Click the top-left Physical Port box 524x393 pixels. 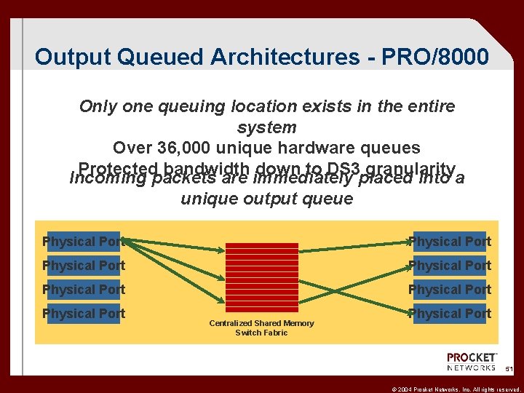tap(83, 241)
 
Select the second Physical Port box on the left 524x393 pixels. tap(83, 265)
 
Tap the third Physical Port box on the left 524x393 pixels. tap(83, 289)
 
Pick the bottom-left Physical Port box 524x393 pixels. tap(83, 313)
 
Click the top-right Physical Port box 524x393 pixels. tap(450, 241)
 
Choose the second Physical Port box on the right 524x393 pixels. tap(450, 265)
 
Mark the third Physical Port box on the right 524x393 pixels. tap(450, 289)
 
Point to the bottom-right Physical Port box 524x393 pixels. tap(450, 313)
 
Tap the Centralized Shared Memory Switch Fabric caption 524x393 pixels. tap(261, 327)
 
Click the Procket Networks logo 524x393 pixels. tap(472, 362)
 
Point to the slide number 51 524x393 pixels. tap(509, 370)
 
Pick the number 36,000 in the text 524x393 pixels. tap(186, 148)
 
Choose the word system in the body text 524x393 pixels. tap(267, 127)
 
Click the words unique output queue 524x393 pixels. tap(267, 199)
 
